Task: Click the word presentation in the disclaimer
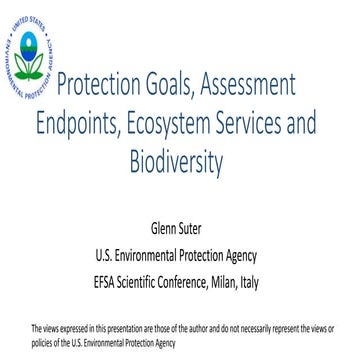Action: [x=118, y=329]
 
